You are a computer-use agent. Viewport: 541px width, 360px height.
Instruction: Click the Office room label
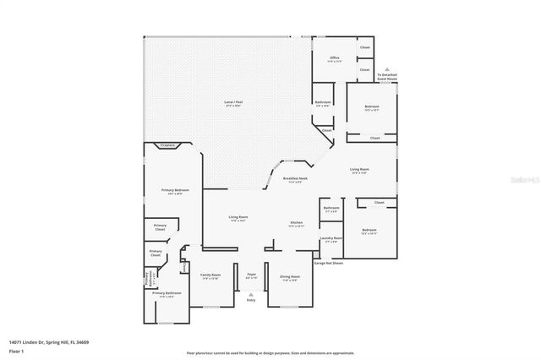[x=335, y=59]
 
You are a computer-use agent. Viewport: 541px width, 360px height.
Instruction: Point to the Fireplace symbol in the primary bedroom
[x=168, y=145]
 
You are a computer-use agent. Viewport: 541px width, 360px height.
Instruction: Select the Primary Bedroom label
[x=173, y=192]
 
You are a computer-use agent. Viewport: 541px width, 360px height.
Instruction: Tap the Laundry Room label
[x=331, y=239]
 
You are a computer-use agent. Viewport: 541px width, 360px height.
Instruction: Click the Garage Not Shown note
[x=328, y=263]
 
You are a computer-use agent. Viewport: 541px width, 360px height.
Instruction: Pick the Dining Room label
[x=288, y=278]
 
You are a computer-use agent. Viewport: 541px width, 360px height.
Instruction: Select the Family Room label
[x=210, y=276]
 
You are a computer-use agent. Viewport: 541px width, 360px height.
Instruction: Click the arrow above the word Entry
[x=251, y=292]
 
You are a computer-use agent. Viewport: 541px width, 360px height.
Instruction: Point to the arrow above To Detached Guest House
[x=387, y=70]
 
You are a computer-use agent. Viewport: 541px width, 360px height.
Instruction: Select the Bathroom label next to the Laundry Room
[x=331, y=209]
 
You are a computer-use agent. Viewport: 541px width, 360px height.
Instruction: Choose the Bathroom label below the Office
[x=322, y=103]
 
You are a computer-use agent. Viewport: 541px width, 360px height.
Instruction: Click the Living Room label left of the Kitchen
[x=238, y=218]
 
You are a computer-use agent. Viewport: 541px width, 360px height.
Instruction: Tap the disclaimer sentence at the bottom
[x=270, y=353]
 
